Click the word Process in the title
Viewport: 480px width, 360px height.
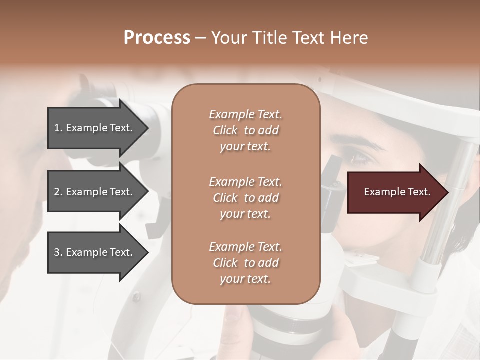click(x=157, y=38)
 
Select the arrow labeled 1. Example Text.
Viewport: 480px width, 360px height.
click(x=95, y=128)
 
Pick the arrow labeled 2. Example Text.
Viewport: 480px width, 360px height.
click(x=95, y=192)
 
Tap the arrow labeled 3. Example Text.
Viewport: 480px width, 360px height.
click(x=95, y=252)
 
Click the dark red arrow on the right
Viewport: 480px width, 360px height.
click(x=395, y=192)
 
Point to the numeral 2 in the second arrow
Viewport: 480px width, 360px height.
click(x=57, y=192)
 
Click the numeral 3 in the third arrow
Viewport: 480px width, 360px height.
click(x=57, y=252)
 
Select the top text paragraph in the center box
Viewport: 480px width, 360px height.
click(x=245, y=130)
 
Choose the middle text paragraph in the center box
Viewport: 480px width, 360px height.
click(x=245, y=198)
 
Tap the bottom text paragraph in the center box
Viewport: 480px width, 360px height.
click(x=245, y=263)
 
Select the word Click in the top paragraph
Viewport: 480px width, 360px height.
click(x=225, y=130)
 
